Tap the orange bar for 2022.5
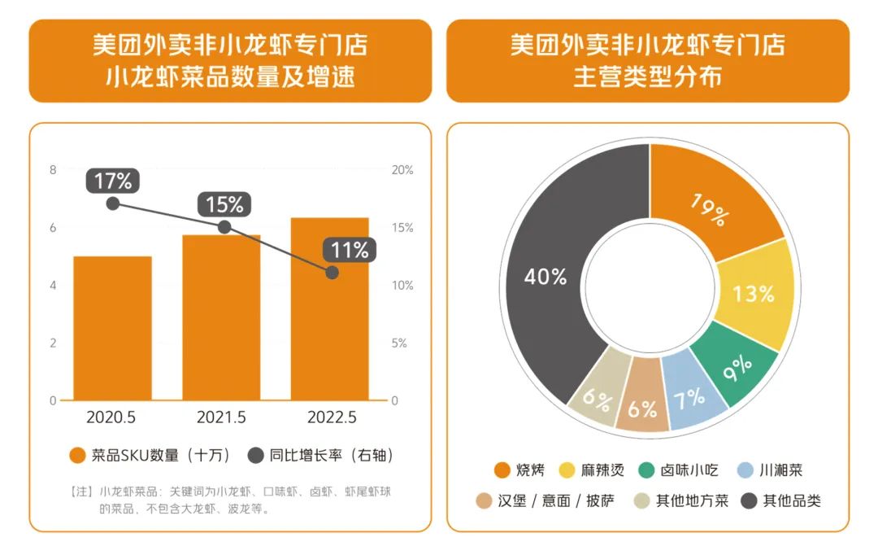click(x=329, y=309)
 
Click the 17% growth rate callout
click(x=113, y=181)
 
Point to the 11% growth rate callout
click(x=350, y=250)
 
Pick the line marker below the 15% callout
click(x=224, y=227)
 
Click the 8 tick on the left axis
click(x=53, y=170)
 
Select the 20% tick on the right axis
click(x=402, y=170)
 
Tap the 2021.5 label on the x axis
click(x=221, y=417)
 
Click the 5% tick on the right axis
click(x=399, y=343)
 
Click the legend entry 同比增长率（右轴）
click(x=321, y=456)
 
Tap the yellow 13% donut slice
click(x=754, y=294)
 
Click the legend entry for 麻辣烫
click(x=591, y=470)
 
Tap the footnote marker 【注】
click(x=83, y=492)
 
